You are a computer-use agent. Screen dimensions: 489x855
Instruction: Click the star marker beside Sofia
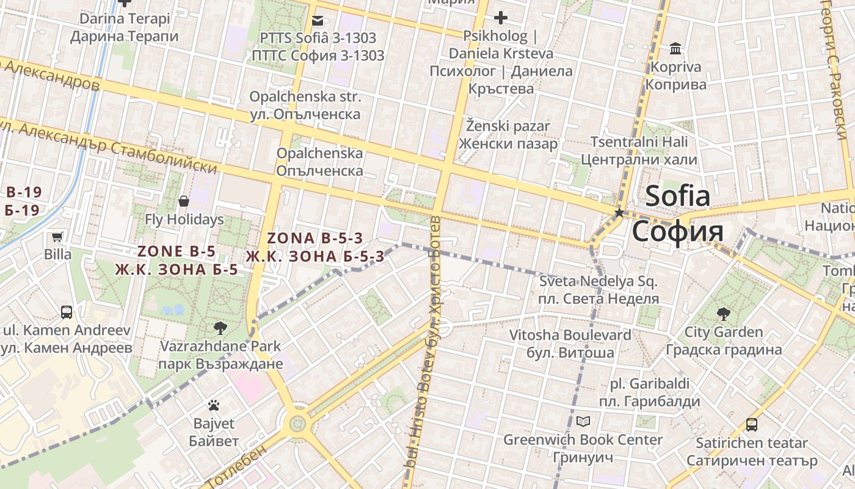[x=619, y=213]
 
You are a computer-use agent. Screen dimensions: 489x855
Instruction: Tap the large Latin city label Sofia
[x=678, y=196]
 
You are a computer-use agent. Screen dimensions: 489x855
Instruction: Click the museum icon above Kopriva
[x=675, y=48]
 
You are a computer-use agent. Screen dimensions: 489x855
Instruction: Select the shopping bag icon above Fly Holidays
[x=184, y=200]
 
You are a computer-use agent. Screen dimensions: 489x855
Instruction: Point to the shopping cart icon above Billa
[x=57, y=237]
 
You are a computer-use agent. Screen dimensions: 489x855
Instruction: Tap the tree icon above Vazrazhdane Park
[x=220, y=328]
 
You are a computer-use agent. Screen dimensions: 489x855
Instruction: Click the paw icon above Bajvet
[x=213, y=405]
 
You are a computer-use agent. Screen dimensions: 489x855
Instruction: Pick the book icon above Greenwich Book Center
[x=583, y=422]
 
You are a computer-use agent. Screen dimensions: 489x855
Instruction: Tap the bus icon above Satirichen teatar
[x=752, y=424]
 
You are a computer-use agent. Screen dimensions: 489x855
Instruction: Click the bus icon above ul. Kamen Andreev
[x=67, y=312]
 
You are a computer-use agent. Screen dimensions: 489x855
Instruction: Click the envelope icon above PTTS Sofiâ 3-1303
[x=318, y=20]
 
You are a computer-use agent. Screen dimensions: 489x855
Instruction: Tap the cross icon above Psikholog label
[x=501, y=18]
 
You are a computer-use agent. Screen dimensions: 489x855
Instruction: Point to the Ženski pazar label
[x=508, y=127]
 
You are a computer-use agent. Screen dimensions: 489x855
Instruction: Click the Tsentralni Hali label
[x=639, y=142]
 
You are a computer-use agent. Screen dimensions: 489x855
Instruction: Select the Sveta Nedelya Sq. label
[x=598, y=282]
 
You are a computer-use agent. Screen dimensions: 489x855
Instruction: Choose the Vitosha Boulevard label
[x=570, y=335]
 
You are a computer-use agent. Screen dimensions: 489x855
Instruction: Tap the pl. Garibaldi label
[x=650, y=384]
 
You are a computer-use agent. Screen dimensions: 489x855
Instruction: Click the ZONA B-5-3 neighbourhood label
[x=315, y=238]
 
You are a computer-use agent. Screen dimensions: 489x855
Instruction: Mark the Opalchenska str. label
[x=305, y=97]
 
